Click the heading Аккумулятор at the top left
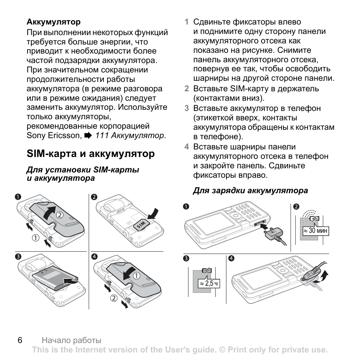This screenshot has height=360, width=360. (x=53, y=22)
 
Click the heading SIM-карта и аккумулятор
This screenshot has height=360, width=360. (x=91, y=154)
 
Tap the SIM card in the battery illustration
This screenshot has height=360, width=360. (x=140, y=224)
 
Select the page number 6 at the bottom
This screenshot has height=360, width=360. (x=20, y=340)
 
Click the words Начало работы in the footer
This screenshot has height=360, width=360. (x=71, y=340)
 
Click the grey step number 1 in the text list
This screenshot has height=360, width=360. (x=186, y=22)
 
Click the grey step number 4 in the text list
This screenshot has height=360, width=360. (x=186, y=147)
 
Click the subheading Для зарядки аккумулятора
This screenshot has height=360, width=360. (x=250, y=191)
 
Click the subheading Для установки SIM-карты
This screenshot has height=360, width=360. (x=83, y=170)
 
